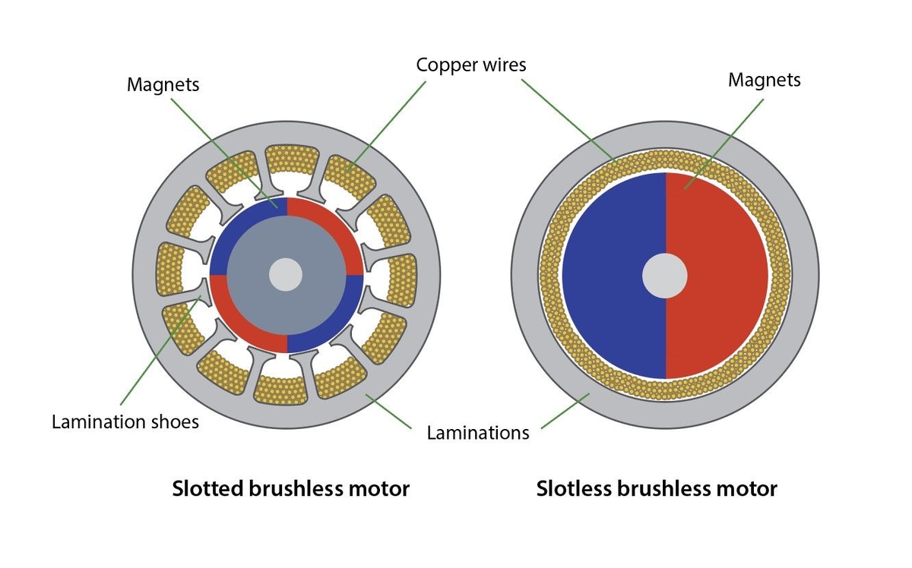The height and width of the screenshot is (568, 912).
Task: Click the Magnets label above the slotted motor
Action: [163, 84]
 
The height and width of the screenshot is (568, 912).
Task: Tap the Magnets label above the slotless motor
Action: [764, 80]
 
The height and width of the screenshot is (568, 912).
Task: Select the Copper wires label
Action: [470, 65]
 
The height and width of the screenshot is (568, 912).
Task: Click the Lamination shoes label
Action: [125, 421]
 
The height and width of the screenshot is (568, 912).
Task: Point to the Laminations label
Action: [477, 433]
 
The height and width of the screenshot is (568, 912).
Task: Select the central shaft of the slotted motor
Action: [286, 274]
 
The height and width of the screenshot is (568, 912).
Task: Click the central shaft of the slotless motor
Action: [665, 276]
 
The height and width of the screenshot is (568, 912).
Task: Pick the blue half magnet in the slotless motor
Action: [608, 276]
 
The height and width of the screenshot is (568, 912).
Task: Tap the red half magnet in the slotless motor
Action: [722, 276]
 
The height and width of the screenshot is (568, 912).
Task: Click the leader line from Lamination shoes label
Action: [160, 349]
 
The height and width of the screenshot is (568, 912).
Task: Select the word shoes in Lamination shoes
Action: [174, 421]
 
